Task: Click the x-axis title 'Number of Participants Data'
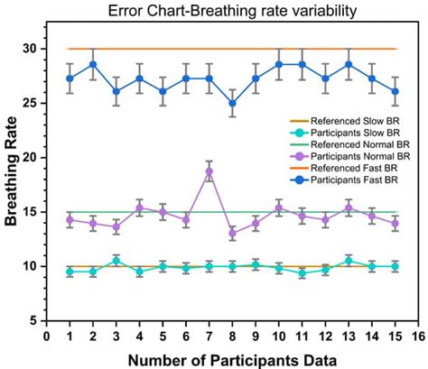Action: coord(233,359)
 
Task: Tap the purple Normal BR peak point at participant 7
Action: coord(209,171)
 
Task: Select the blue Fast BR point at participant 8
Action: coord(233,103)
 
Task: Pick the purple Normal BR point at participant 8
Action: coord(233,233)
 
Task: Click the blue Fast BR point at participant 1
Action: coord(70,78)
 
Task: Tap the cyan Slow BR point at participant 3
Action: coord(116,261)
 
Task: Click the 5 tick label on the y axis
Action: coord(34,320)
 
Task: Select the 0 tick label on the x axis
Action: coord(47,334)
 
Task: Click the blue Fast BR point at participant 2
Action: coord(93,65)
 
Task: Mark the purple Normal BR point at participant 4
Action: coord(140,208)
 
